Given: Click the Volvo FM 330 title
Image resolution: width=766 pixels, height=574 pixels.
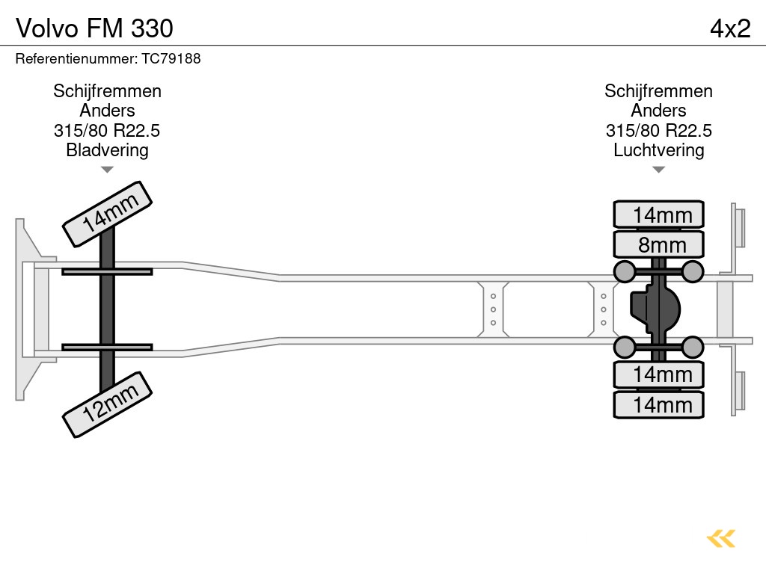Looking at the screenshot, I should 94,28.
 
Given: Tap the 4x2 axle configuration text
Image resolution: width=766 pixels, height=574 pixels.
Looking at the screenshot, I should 729,28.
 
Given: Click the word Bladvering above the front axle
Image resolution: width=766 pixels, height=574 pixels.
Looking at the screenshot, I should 107,150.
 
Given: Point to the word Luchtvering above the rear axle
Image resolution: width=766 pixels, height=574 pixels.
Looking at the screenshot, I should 658,150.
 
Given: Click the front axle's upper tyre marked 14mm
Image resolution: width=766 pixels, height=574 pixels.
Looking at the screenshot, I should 107,213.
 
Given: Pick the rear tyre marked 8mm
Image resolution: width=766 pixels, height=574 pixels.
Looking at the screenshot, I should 658,244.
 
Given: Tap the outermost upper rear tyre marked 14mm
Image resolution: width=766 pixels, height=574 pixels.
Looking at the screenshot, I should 658,215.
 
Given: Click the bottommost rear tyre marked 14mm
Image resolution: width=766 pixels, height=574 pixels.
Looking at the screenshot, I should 658,405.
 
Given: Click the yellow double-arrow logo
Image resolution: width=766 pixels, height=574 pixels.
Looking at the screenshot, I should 721,539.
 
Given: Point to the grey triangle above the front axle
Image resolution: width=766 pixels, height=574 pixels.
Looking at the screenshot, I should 107,170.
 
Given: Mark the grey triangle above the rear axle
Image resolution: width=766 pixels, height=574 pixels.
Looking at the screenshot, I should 658,170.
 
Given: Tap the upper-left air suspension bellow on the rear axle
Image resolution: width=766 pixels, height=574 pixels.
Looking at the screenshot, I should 625,271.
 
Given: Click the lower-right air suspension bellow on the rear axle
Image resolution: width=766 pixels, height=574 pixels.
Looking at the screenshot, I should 693,347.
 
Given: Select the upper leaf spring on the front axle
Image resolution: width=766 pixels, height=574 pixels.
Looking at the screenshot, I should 107,271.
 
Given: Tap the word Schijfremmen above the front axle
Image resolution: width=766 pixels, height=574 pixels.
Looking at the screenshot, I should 107,91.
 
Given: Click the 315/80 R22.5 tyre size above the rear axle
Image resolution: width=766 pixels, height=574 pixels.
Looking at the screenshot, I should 658,131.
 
